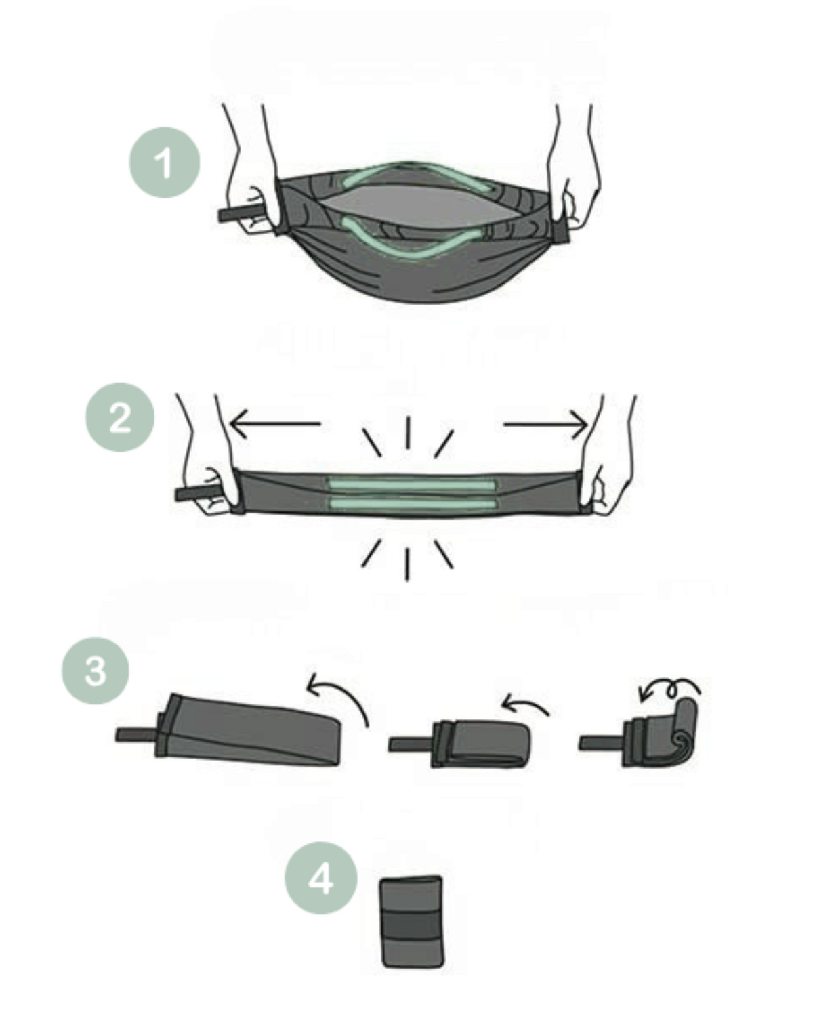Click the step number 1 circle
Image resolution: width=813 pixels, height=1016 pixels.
[165, 163]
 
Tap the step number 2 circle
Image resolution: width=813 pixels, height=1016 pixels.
[120, 417]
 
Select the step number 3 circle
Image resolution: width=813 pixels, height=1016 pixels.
[96, 671]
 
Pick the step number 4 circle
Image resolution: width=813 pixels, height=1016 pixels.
[320, 878]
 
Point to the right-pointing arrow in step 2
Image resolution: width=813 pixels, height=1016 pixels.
[546, 424]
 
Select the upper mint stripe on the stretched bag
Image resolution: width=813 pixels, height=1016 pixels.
[412, 484]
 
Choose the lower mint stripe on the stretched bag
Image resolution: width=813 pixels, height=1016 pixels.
[413, 504]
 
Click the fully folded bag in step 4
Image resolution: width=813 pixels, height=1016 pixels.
[412, 922]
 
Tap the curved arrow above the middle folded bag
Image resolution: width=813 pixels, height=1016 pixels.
[525, 702]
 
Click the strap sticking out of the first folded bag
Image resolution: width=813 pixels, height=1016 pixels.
[137, 735]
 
